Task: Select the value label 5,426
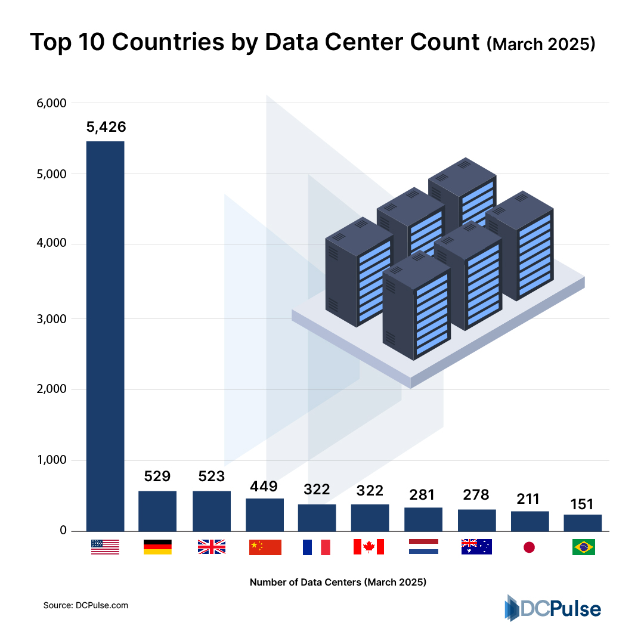point(105,126)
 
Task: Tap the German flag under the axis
point(157,547)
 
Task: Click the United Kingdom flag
point(211,547)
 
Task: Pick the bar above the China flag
point(265,515)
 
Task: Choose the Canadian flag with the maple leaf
point(369,547)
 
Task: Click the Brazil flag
point(583,547)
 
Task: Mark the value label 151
point(583,503)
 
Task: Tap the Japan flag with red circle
point(529,547)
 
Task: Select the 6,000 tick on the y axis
point(50,103)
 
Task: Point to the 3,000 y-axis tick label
point(50,318)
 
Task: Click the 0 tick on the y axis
point(62,531)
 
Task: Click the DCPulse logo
point(552,608)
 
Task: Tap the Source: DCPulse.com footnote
point(86,605)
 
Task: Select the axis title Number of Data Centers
point(338,582)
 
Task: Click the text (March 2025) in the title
point(540,45)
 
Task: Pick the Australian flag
point(476,547)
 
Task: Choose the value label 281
point(423,494)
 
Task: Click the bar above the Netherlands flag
point(423,519)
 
